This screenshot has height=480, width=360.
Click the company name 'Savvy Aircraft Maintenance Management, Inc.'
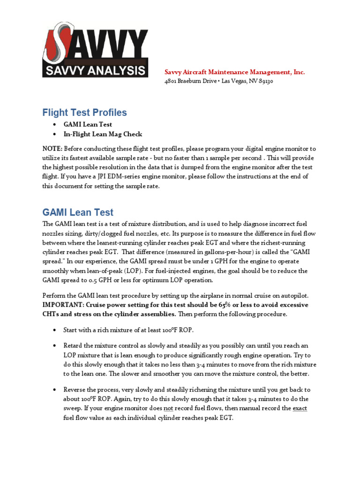[x=234, y=72]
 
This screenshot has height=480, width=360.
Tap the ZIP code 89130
[x=265, y=81]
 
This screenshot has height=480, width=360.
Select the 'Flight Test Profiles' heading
[x=84, y=112]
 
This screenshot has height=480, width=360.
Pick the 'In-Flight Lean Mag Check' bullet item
[x=103, y=134]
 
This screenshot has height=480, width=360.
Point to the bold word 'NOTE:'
[x=52, y=149]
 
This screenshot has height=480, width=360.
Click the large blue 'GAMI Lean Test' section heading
[x=78, y=212]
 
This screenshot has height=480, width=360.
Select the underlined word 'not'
[x=168, y=408]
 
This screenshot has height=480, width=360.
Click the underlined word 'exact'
[x=300, y=408]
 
